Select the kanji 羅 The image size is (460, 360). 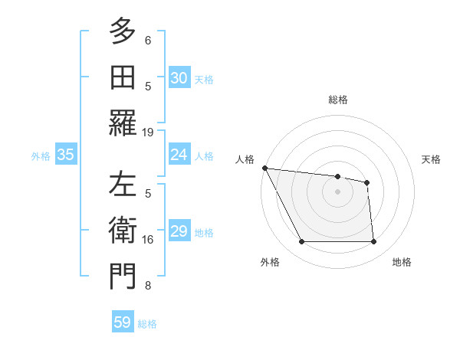123,123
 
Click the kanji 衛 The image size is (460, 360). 123,231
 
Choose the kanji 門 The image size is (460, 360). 123,277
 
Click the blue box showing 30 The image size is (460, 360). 179,78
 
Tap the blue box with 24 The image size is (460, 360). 179,155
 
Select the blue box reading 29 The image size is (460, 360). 179,231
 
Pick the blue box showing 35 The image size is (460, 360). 66,155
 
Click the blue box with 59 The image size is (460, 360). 123,322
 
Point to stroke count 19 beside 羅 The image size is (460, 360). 148,132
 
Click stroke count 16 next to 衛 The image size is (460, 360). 148,240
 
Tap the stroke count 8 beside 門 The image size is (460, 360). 148,286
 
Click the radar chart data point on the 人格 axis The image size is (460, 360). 264,168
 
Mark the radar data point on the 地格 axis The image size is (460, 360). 373,242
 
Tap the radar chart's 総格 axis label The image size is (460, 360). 337,100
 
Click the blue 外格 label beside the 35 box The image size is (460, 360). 41,155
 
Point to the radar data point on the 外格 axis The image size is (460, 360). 301,242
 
